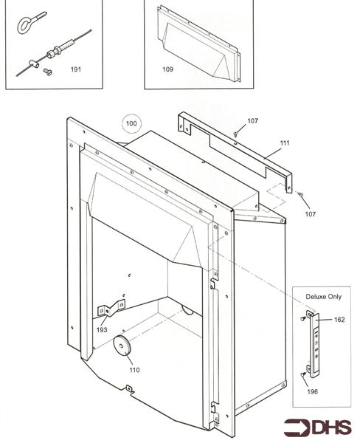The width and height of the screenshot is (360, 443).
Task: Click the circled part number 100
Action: pyautogui.click(x=131, y=123)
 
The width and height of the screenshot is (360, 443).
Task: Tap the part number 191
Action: pyautogui.click(x=76, y=69)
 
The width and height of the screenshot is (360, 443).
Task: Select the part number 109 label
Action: pyautogui.click(x=167, y=69)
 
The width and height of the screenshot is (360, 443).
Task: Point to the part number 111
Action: pyautogui.click(x=285, y=143)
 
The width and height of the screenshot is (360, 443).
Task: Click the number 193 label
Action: pyautogui.click(x=102, y=330)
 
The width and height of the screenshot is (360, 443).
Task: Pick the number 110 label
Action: pyautogui.click(x=134, y=370)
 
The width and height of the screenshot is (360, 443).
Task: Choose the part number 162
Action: pyautogui.click(x=339, y=320)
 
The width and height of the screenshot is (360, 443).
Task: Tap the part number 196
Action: pyautogui.click(x=313, y=391)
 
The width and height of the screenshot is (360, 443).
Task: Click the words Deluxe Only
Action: pyautogui.click(x=324, y=297)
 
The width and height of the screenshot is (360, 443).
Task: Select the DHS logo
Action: pyautogui.click(x=318, y=427)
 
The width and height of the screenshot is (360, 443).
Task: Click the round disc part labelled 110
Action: pyautogui.click(x=121, y=346)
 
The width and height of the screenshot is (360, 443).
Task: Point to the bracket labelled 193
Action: pyautogui.click(x=111, y=308)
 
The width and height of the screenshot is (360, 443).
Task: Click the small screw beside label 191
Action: pyautogui.click(x=48, y=72)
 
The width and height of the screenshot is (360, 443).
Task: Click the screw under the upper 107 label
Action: pyautogui.click(x=235, y=134)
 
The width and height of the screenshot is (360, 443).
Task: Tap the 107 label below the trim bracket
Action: pyautogui.click(x=311, y=214)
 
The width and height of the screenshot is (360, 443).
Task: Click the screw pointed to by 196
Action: pyautogui.click(x=303, y=374)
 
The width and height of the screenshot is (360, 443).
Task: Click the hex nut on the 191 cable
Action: pyautogui.click(x=51, y=53)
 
